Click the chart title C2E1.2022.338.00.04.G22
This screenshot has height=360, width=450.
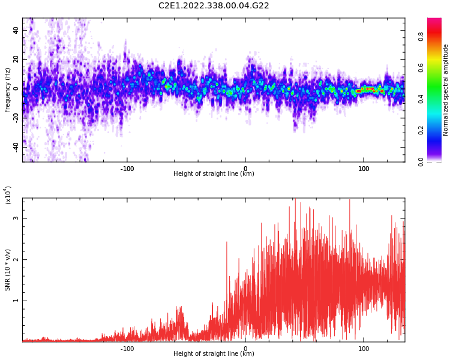coord(214,5)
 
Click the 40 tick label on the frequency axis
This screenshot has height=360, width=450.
coord(15,31)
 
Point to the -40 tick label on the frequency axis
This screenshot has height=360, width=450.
coord(14,147)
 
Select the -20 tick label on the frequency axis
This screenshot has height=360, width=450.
coord(14,118)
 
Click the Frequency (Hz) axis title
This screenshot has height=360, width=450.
coord(8,90)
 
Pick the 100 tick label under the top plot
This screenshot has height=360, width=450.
coord(364,169)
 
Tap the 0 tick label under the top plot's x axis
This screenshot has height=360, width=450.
coord(245,169)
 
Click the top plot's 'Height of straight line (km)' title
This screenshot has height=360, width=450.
coord(214,174)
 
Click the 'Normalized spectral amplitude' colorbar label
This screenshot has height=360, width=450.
coord(446,90)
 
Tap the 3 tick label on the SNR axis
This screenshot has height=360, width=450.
coord(17,218)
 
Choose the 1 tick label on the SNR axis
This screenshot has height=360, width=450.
coord(17,301)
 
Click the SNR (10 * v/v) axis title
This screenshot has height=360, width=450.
coord(8,270)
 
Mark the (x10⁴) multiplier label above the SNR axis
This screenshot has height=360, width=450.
coord(8,195)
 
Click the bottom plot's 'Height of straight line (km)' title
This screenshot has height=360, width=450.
coord(214,354)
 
